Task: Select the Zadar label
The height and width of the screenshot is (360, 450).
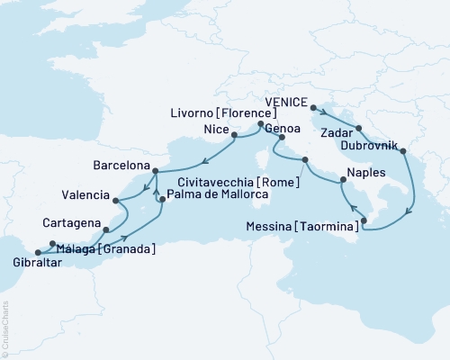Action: tap(337, 130)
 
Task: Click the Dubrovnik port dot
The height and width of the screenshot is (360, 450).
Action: tap(401, 151)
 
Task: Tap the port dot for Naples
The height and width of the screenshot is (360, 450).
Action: tap(342, 184)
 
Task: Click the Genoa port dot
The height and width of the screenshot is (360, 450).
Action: tap(282, 139)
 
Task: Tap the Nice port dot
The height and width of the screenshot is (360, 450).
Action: tap(235, 138)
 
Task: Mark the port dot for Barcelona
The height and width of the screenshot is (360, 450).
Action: tap(155, 171)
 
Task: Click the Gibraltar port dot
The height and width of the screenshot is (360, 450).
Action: tap(37, 253)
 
